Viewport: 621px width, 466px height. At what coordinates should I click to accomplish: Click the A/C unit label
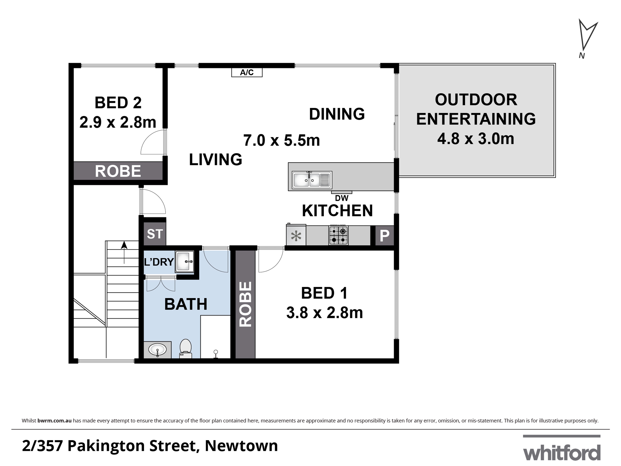point(247,72)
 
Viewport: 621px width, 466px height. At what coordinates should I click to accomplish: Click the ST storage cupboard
point(155,234)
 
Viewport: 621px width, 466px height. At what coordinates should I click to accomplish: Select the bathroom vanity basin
point(157,350)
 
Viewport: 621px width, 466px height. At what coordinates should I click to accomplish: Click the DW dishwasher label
point(342,198)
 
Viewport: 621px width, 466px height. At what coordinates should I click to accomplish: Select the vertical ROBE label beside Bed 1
point(245,304)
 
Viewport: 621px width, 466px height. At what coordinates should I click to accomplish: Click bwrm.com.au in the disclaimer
point(54,421)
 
